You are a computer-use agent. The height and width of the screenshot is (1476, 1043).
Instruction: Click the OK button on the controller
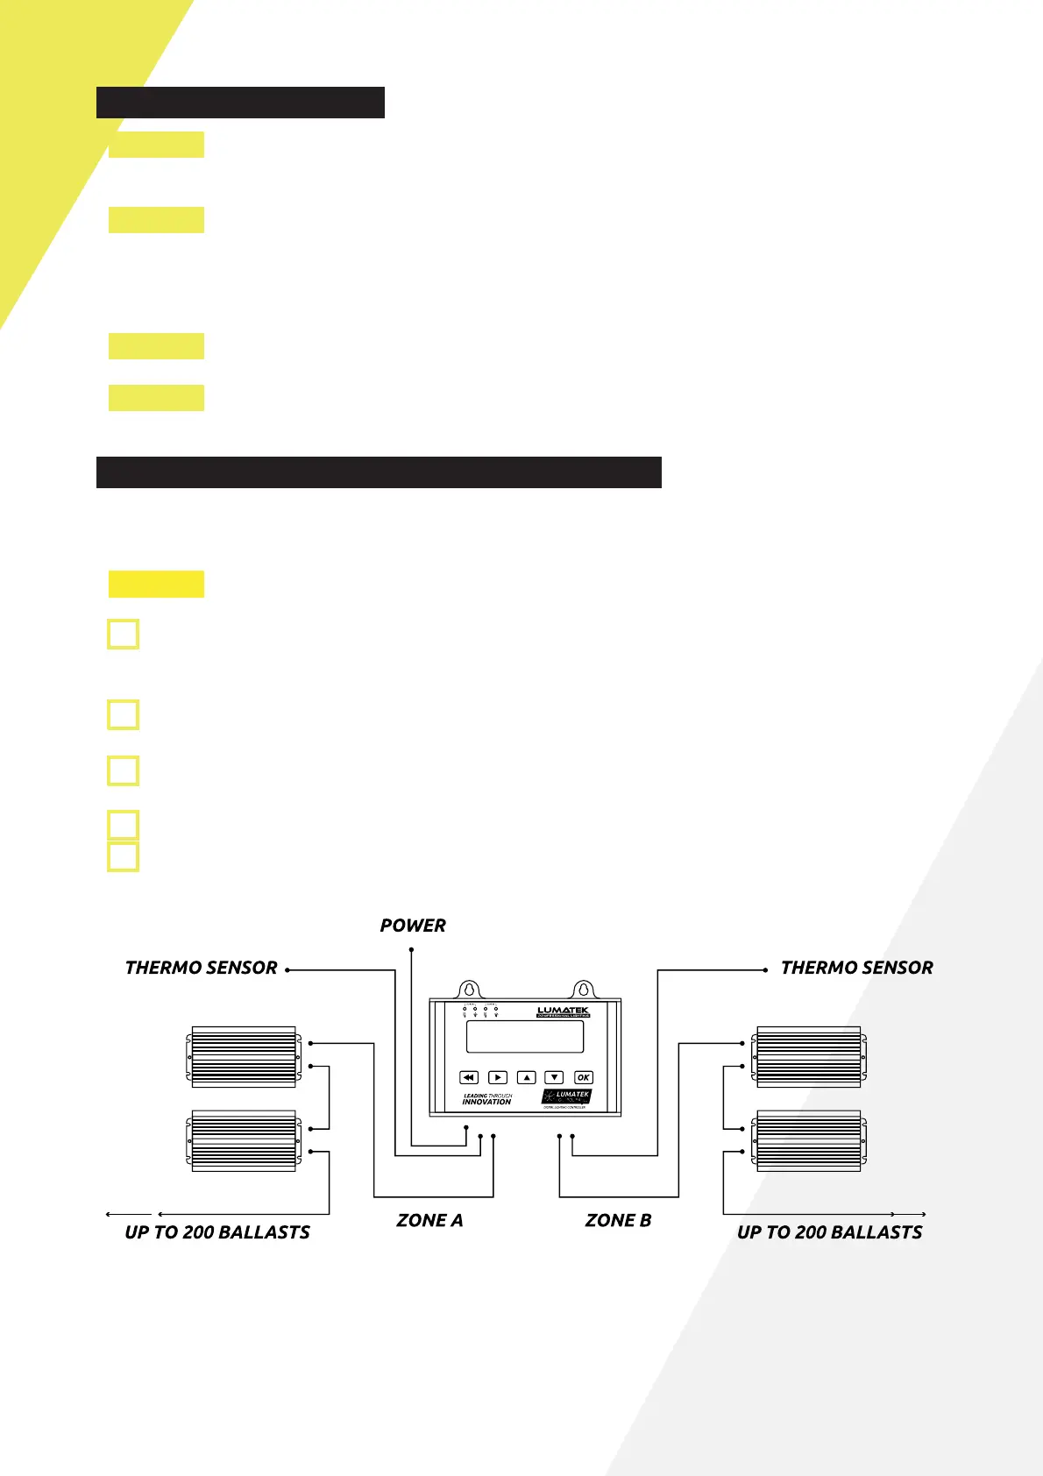click(584, 1077)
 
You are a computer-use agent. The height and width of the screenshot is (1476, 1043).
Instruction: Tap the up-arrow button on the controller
click(526, 1077)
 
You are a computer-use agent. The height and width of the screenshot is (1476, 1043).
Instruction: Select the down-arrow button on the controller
click(554, 1077)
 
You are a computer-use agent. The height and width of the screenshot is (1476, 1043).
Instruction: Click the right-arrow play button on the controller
click(498, 1077)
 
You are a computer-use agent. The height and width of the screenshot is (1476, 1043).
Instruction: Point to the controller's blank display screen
click(525, 1037)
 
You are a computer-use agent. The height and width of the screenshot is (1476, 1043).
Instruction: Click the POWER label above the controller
click(413, 926)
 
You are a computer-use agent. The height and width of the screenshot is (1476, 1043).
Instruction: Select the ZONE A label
click(429, 1220)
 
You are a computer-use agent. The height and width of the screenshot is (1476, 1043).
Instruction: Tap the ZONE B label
click(618, 1220)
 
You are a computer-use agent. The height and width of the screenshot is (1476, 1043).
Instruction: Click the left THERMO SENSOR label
click(201, 968)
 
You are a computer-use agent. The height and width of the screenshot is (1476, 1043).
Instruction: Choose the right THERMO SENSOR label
click(856, 968)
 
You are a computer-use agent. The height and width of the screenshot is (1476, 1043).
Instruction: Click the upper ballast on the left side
click(244, 1057)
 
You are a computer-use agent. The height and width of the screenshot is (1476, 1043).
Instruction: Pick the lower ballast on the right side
click(809, 1141)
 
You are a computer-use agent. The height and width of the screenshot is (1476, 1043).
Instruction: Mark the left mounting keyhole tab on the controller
click(470, 989)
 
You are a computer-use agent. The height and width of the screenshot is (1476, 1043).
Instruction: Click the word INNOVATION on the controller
click(486, 1103)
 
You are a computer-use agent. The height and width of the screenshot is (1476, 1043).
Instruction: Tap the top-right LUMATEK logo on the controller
click(564, 1011)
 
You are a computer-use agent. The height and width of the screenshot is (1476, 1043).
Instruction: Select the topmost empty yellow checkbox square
click(123, 634)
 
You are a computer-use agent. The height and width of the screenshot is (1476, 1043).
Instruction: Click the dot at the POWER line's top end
click(411, 949)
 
